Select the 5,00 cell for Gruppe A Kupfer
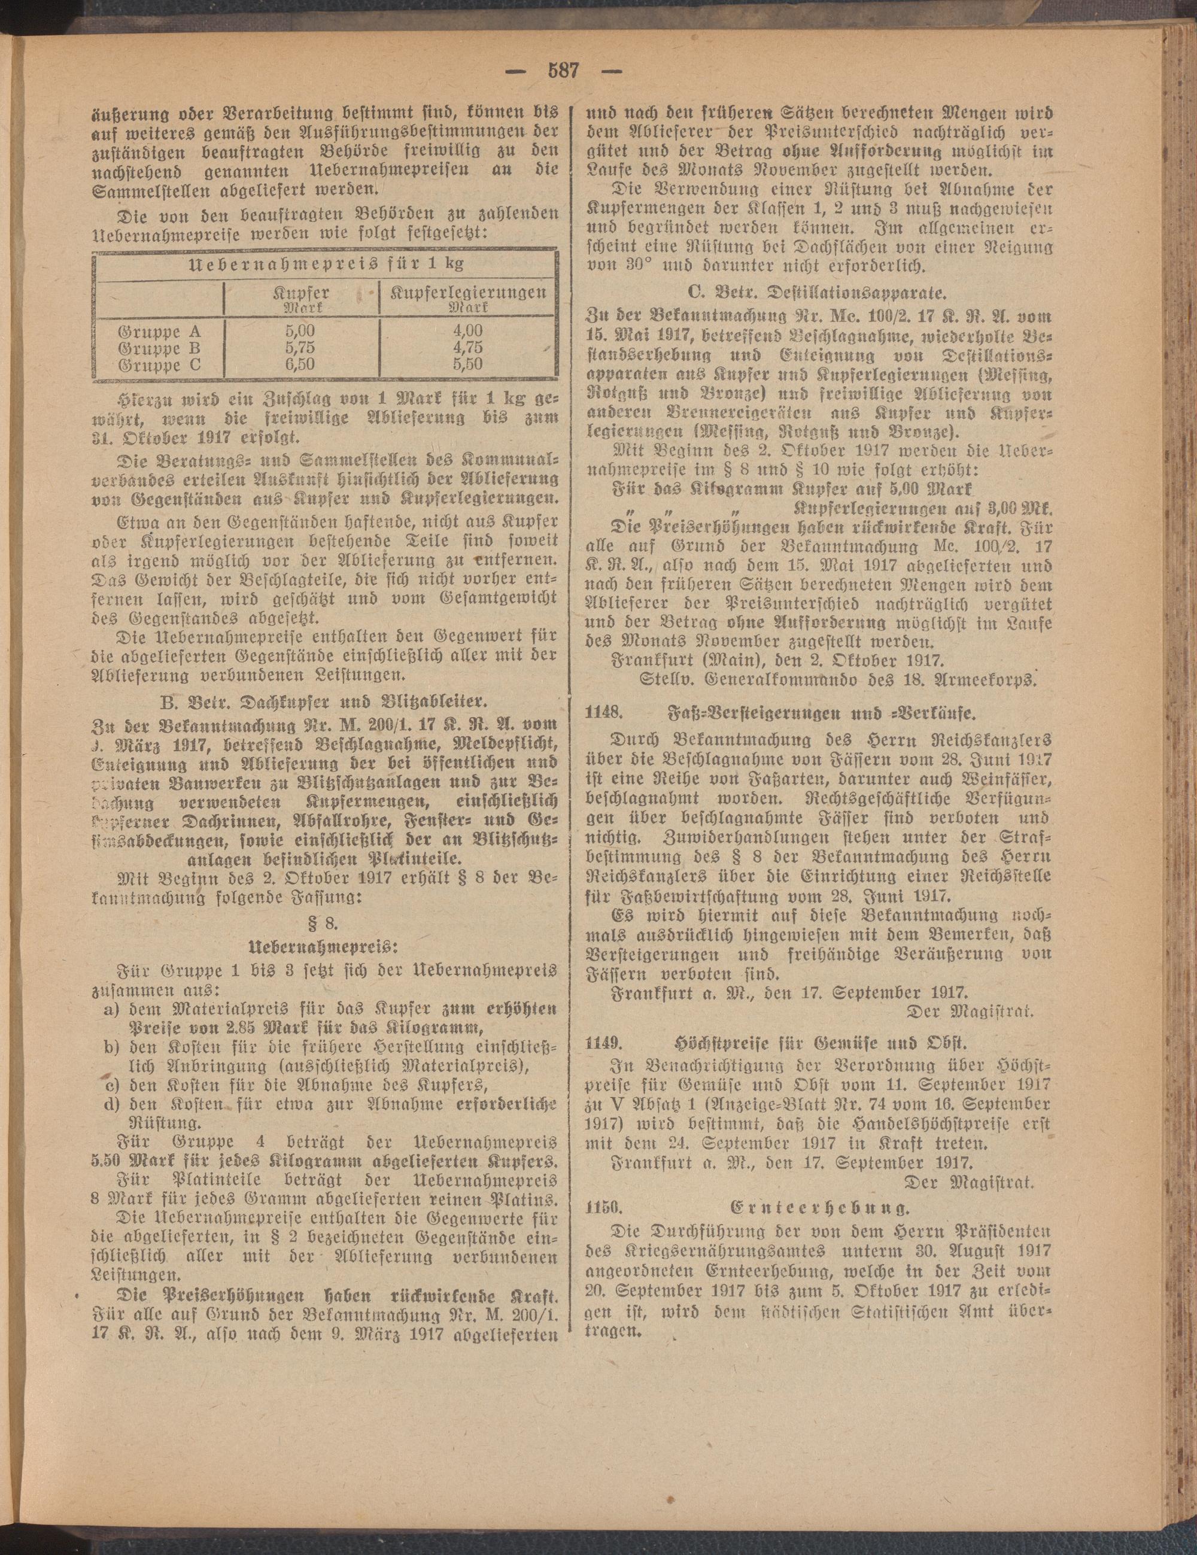coord(299,331)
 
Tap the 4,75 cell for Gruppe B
coord(466,348)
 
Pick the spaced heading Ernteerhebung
coord(819,1208)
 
